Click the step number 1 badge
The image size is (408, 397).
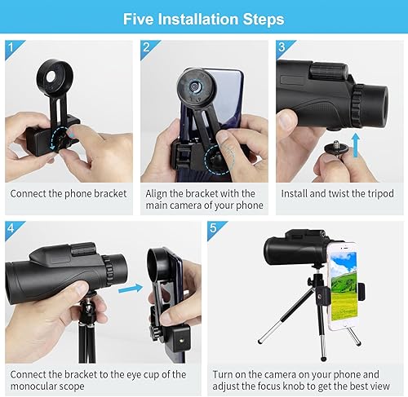pos(12,48)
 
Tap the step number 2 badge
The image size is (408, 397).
pos(148,48)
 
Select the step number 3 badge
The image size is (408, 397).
pos(283,48)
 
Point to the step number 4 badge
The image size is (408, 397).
pos(12,229)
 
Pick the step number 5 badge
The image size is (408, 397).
pos(215,229)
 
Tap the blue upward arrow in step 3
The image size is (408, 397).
pos(356,145)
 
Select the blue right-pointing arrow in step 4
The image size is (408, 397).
pos(131,289)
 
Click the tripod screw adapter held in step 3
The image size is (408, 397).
pos(336,148)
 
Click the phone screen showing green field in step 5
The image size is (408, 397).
pos(344,285)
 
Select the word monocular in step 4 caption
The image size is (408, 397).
pos(30,386)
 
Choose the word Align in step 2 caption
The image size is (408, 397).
pos(156,194)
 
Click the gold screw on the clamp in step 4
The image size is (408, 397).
pos(180,340)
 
